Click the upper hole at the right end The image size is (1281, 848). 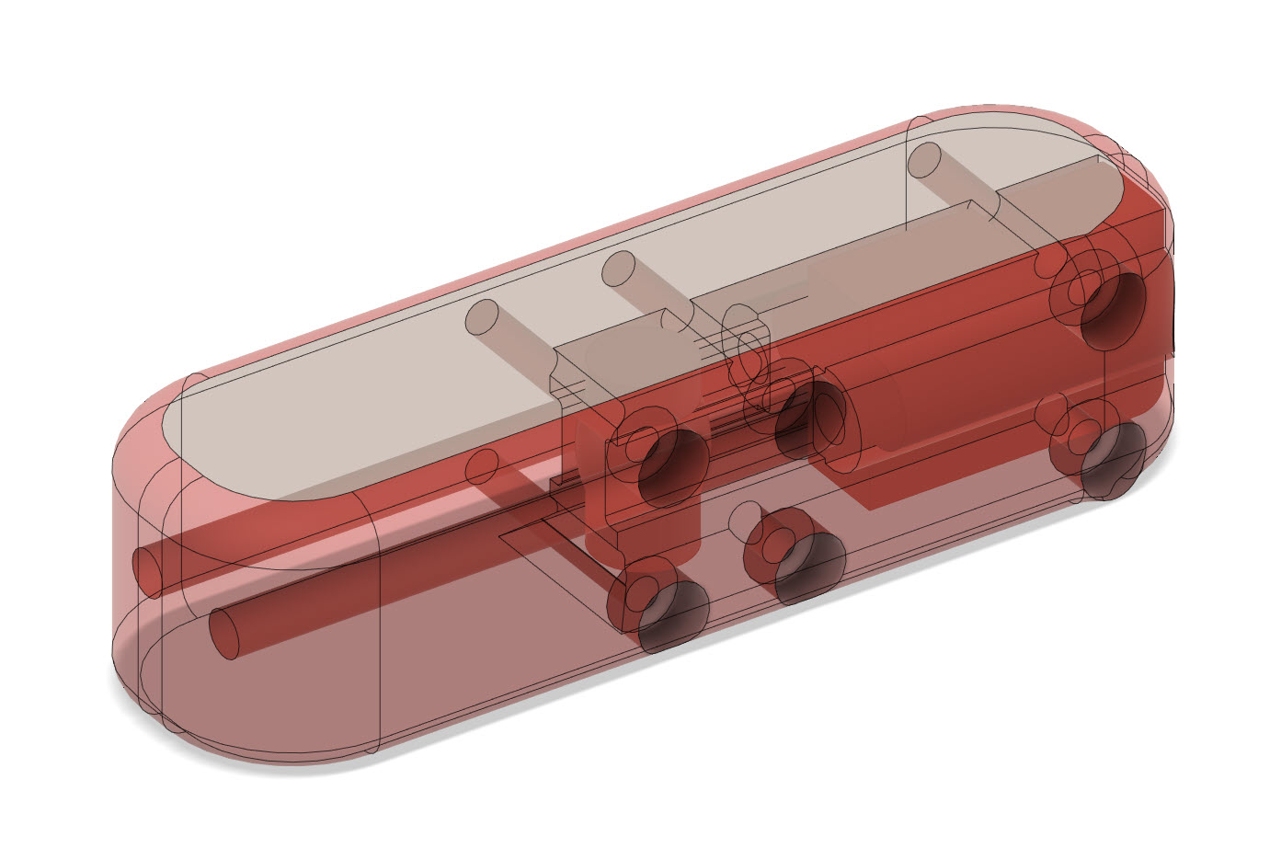[1114, 309]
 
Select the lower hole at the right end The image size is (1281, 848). [1114, 462]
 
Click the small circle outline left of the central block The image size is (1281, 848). [481, 467]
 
